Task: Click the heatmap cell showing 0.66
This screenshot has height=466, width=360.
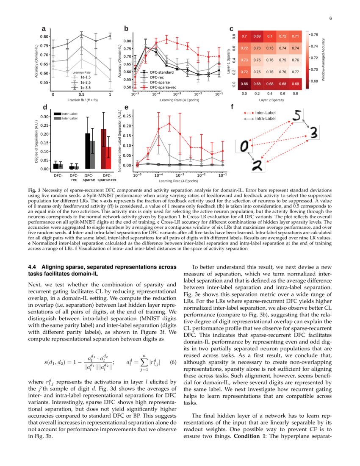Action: coord(244,84)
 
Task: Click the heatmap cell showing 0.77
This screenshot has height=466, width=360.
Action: coord(296,72)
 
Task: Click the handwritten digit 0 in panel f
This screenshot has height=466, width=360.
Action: coord(245,146)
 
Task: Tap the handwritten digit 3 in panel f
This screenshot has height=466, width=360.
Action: coord(313,133)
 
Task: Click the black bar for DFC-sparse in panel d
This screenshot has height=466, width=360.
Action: coord(88,151)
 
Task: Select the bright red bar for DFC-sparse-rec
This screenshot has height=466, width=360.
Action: coord(108,158)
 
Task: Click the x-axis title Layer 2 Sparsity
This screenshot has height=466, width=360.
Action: coord(270,100)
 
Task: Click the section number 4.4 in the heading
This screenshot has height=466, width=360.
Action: coord(33,267)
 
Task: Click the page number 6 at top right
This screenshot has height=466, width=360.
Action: coord(330,18)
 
